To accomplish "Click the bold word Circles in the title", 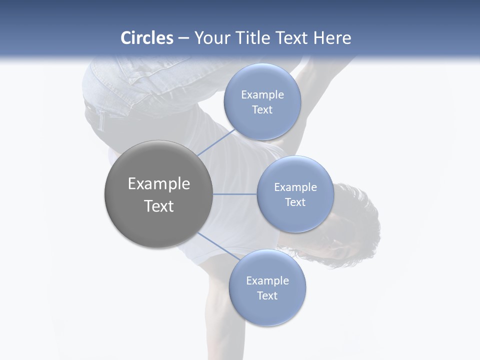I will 146,38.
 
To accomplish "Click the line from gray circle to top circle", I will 216,142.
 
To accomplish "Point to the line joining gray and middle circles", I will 235,194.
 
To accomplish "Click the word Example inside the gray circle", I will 158,184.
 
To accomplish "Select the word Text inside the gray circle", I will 158,206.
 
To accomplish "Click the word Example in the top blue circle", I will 262,95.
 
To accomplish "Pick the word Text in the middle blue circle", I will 295,202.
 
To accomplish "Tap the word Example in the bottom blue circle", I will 267,281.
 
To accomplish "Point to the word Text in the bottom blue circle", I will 267,296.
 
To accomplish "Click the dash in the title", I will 183,38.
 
